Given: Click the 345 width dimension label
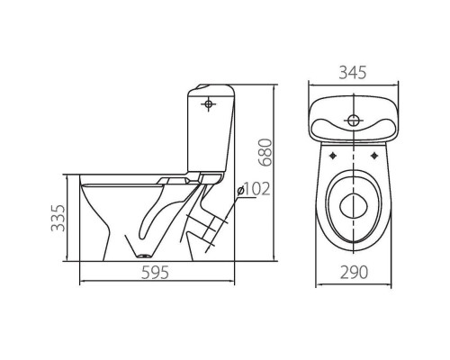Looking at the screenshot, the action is click(x=353, y=73).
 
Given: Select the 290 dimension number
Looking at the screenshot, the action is click(x=354, y=273).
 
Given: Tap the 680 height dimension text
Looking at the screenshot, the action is click(x=265, y=152).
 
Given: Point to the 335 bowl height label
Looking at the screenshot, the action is click(x=58, y=218).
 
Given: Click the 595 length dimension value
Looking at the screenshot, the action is click(x=156, y=273).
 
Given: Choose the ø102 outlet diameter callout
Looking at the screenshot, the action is click(x=254, y=189).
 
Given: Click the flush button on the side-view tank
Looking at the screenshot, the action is click(x=208, y=104).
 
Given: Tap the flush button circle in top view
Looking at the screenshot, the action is click(x=354, y=121).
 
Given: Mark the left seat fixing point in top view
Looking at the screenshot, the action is click(x=333, y=156).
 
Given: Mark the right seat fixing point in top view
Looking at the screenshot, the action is click(x=374, y=156).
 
